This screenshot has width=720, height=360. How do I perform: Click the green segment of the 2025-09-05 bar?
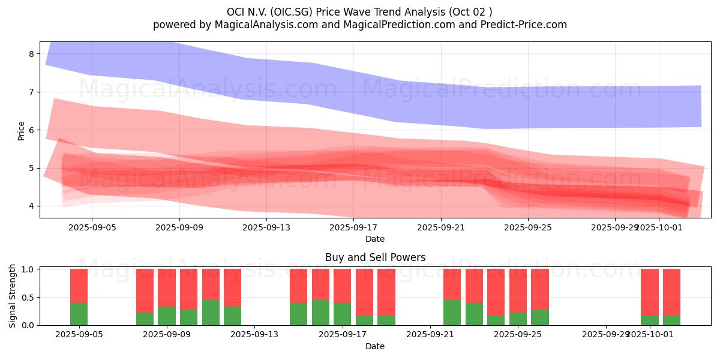(x=79, y=314)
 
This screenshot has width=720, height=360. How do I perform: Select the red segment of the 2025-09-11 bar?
(x=211, y=284)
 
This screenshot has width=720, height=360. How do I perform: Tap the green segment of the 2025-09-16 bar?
(x=320, y=312)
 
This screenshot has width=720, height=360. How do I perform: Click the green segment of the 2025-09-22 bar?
(x=452, y=312)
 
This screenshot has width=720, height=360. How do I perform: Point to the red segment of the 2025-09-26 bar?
(x=540, y=289)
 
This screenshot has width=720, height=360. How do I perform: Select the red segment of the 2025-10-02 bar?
(x=671, y=292)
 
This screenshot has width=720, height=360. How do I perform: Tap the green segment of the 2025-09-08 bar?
(x=145, y=319)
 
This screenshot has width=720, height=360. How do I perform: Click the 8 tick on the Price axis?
(x=31, y=54)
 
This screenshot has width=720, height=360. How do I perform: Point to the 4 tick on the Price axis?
(x=31, y=206)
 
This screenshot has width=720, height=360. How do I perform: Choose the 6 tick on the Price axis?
(x=31, y=130)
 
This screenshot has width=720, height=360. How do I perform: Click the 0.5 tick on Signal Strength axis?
(x=28, y=298)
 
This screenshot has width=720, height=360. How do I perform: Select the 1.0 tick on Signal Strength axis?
(x=28, y=269)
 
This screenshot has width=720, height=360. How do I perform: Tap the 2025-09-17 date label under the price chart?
(x=353, y=227)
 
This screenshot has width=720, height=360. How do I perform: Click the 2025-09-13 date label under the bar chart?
(x=254, y=335)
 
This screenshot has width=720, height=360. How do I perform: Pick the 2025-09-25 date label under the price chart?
(x=528, y=227)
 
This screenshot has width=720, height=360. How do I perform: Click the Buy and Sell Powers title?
(x=375, y=257)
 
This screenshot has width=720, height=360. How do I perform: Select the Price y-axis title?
(x=21, y=130)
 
